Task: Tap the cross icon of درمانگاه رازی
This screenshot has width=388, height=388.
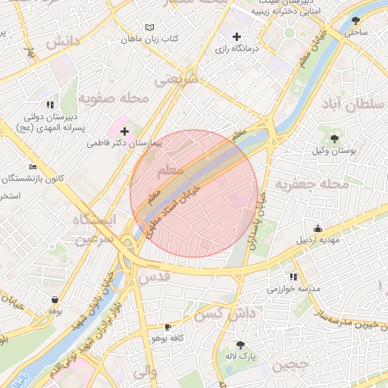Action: pyautogui.click(x=237, y=36)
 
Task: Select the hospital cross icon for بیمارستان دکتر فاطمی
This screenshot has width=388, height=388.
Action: pyautogui.click(x=124, y=131)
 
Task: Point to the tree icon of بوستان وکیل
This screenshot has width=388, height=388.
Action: pyautogui.click(x=334, y=138)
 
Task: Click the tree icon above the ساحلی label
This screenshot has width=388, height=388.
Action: pyautogui.click(x=355, y=20)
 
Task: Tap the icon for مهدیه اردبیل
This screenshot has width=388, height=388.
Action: pyautogui.click(x=318, y=228)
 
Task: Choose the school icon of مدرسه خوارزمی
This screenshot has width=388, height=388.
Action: pyautogui.click(x=293, y=277)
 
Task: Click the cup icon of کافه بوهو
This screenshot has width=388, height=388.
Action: pyautogui.click(x=167, y=327)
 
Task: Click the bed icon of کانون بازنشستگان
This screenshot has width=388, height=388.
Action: pyautogui.click(x=32, y=167)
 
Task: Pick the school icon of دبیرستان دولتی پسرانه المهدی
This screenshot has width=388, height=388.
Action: pyautogui.click(x=49, y=105)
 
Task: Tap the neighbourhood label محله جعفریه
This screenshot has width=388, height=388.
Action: pyautogui.click(x=311, y=184)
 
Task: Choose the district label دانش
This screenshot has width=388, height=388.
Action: pyautogui.click(x=64, y=42)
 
